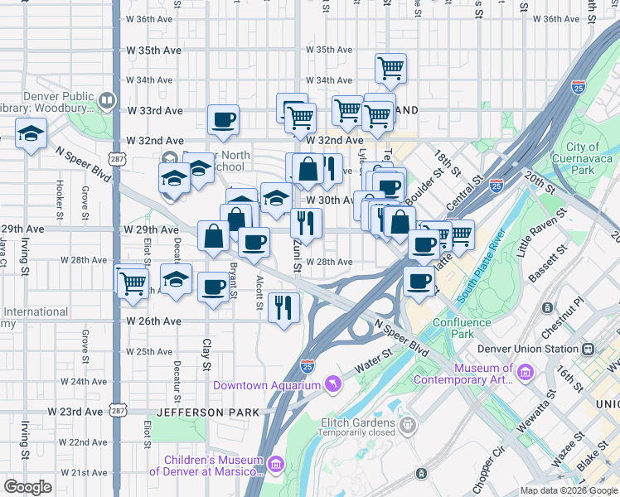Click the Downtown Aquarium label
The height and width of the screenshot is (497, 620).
[266, 385]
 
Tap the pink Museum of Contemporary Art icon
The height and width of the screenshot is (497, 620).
[524, 374]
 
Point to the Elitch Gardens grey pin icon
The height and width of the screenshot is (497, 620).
[407, 426]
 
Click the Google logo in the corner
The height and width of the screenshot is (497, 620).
[27, 487]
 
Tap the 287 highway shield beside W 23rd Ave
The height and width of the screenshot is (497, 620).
[119, 411]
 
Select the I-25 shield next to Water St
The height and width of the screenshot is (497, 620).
[307, 364]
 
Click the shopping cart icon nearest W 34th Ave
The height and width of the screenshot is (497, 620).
[390, 68]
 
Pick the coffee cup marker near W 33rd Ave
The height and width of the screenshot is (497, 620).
[223, 119]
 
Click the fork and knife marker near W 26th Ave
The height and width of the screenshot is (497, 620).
[284, 307]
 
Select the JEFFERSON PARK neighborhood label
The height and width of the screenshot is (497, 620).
[216, 412]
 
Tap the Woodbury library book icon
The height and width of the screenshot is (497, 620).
[106, 101]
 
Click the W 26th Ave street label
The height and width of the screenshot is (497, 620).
[153, 321]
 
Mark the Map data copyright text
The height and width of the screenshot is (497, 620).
[567, 490]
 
